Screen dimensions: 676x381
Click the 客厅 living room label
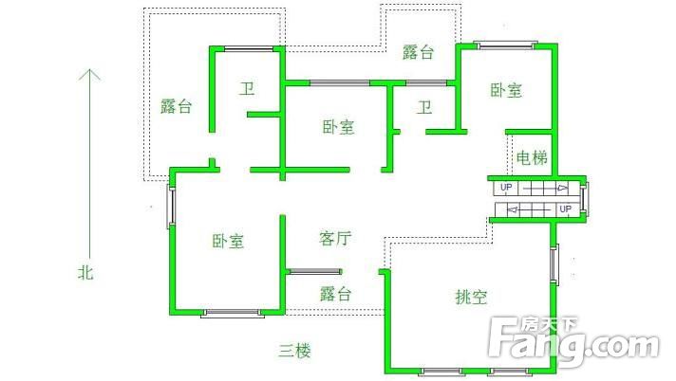coord(335,238)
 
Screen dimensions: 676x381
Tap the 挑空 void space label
coord(471,297)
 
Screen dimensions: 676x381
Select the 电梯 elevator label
coord(532,158)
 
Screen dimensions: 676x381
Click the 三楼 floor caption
coord(294,351)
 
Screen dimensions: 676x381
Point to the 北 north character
coord(85,272)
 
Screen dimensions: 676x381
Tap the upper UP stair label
coord(506,188)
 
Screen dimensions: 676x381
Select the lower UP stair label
coord(565,209)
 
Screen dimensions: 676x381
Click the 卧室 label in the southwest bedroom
coord(228,241)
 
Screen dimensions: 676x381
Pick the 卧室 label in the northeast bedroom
coord(506,90)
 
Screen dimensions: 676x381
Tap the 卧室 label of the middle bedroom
coord(339,127)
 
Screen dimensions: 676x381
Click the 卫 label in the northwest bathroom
coord(247,89)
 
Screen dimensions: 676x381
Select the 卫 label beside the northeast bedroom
coord(424,107)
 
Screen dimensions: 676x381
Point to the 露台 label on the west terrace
coord(176,106)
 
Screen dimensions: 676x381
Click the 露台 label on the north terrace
coord(418,52)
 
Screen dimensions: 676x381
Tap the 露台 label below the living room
coord(336,294)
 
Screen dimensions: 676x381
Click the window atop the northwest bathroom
coord(249,49)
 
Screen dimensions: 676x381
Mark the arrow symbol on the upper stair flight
coord(563,188)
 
